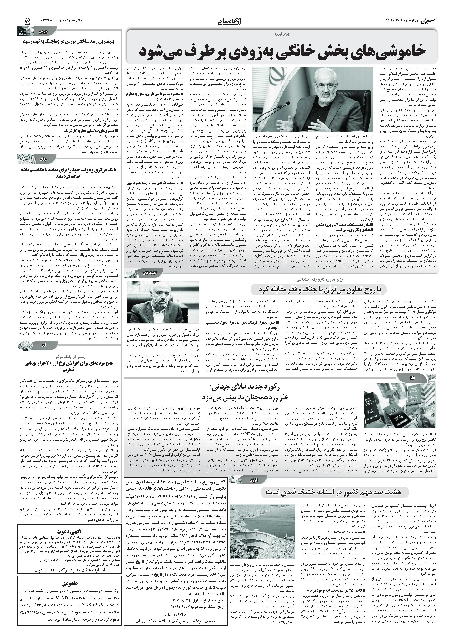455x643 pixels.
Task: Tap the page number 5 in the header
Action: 28,21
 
